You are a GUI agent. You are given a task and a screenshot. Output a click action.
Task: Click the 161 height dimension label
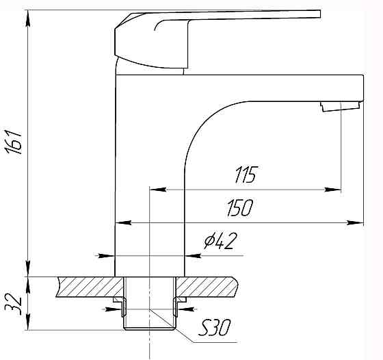click(x=14, y=142)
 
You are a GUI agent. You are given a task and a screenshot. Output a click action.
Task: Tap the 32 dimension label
click(x=14, y=305)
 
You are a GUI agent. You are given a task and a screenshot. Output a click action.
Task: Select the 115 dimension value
click(x=246, y=175)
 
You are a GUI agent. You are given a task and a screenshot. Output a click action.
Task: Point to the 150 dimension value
click(x=240, y=208)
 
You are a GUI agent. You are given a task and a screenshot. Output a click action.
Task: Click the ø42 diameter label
click(x=220, y=241)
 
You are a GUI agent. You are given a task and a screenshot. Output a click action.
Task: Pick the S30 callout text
click(x=214, y=328)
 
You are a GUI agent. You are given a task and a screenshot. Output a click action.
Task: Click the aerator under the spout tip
click(x=341, y=107)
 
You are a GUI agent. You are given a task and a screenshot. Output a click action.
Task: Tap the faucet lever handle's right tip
click(x=320, y=14)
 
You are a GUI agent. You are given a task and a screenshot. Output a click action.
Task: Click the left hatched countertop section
click(x=90, y=287)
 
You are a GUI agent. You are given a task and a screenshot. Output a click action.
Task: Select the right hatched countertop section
click(x=207, y=287)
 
